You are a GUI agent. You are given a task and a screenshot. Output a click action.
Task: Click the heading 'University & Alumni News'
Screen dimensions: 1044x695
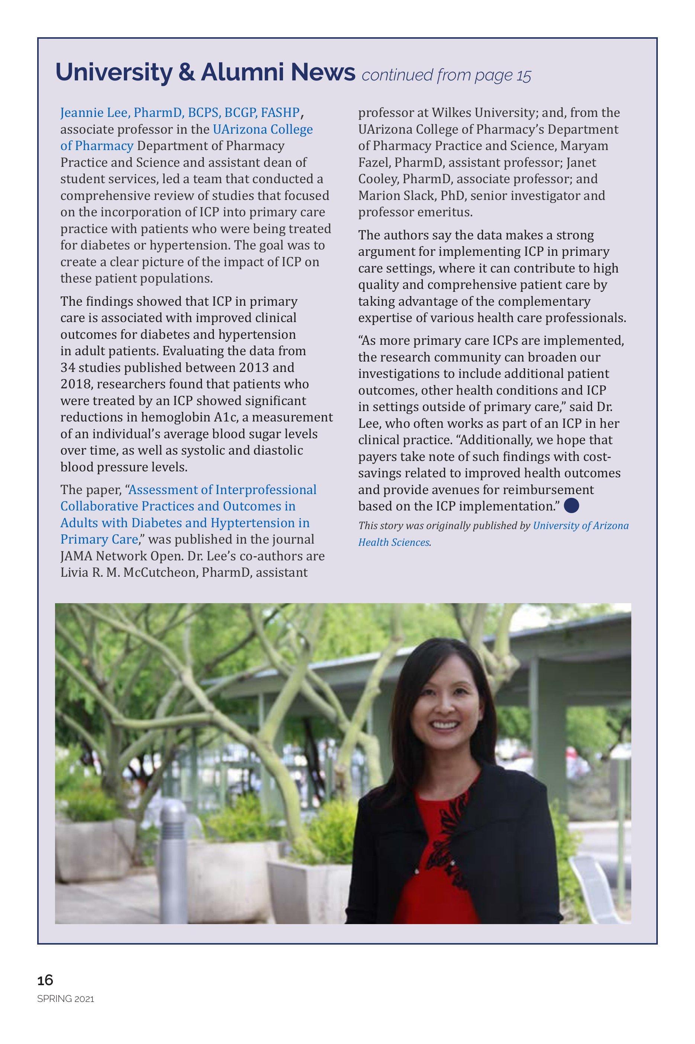tap(205, 73)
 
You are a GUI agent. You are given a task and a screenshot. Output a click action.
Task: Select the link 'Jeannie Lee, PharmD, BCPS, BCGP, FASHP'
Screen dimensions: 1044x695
tap(180, 113)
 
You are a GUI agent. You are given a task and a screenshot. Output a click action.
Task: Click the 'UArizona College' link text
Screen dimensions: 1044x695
tap(263, 130)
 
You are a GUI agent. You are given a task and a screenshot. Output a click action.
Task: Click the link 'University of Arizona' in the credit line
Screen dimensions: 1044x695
tap(580, 526)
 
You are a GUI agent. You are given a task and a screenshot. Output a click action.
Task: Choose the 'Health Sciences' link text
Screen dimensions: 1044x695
tap(393, 542)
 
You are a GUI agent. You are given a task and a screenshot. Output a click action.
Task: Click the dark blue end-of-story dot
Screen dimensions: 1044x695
tap(572, 505)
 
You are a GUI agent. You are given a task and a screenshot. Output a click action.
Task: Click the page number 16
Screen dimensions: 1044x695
tap(45, 980)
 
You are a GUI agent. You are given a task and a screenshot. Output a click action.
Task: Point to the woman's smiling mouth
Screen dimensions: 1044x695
tap(445, 725)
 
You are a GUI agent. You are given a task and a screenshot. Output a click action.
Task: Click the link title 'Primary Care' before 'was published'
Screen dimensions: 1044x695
tap(99, 539)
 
